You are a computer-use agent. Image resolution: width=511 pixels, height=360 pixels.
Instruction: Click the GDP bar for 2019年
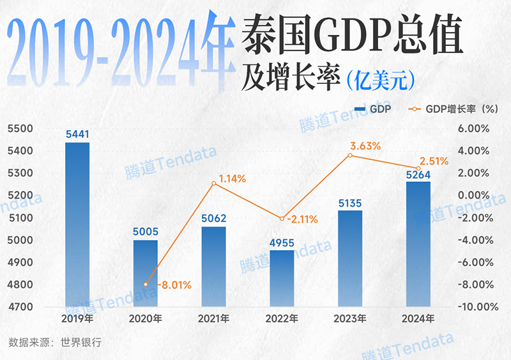click(x=77, y=223)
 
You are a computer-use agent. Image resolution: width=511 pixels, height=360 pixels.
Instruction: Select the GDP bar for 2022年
click(x=282, y=278)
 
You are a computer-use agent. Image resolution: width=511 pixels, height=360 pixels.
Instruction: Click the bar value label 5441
click(x=77, y=134)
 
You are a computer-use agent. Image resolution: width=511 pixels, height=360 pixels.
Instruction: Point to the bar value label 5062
click(x=213, y=219)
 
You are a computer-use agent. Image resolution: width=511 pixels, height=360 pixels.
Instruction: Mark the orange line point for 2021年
click(x=214, y=184)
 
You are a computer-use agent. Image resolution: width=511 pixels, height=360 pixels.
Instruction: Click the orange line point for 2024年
click(x=418, y=169)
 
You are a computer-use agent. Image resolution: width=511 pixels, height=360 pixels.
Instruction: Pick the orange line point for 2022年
click(x=282, y=219)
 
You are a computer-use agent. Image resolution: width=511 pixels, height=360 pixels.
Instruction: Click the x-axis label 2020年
click(x=146, y=319)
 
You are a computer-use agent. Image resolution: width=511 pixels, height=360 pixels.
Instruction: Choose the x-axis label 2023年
click(x=350, y=319)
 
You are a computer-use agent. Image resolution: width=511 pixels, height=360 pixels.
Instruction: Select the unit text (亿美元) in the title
click(x=381, y=80)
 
